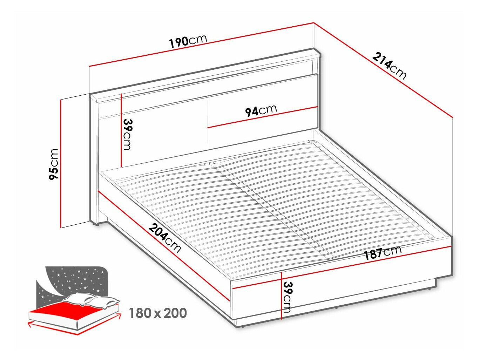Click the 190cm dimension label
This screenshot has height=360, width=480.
click(x=188, y=41)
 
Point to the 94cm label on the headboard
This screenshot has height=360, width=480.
click(x=261, y=111)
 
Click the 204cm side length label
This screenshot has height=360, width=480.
click(x=165, y=238)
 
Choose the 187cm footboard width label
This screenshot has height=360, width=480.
click(x=383, y=253)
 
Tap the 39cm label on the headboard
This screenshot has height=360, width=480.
click(x=128, y=134)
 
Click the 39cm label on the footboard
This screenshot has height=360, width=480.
click(x=288, y=298)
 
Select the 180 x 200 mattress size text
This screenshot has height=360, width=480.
click(x=158, y=313)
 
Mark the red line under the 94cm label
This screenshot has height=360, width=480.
click(x=262, y=117)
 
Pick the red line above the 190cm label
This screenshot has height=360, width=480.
click(x=202, y=45)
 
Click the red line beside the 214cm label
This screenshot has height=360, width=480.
click(x=383, y=70)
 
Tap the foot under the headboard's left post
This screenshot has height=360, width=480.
click(x=96, y=224)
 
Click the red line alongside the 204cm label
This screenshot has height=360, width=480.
click(x=164, y=246)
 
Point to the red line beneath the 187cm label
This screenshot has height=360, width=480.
click(x=342, y=267)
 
